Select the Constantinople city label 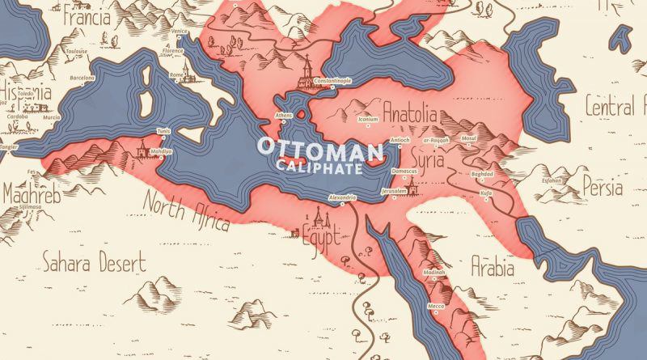tap(322, 82)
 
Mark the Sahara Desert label tap(94, 261)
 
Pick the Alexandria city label tap(342, 198)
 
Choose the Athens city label tap(284, 115)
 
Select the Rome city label tap(176, 74)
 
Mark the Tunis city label tap(164, 129)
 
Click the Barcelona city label tap(82, 78)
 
